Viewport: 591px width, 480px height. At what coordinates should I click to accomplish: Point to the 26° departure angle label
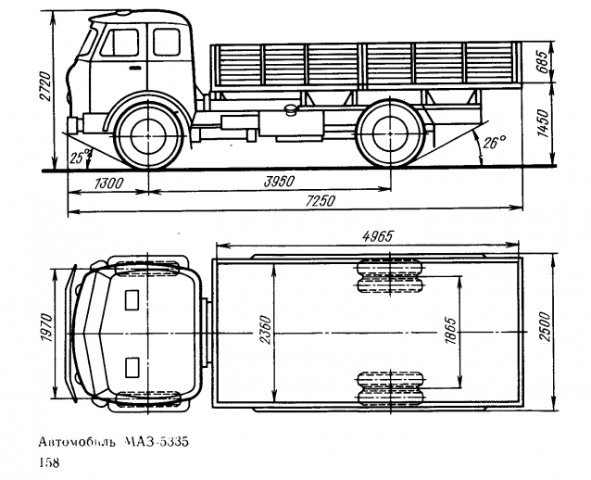pos(494,144)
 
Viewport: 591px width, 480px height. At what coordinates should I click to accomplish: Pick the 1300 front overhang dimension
pos(109,184)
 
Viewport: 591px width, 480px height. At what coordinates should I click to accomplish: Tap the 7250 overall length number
pos(320,202)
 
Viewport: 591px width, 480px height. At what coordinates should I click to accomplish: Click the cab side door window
pos(120,43)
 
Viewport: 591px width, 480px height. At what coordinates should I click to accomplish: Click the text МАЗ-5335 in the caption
pos(157,442)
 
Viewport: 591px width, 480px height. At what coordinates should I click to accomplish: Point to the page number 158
pos(47,461)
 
